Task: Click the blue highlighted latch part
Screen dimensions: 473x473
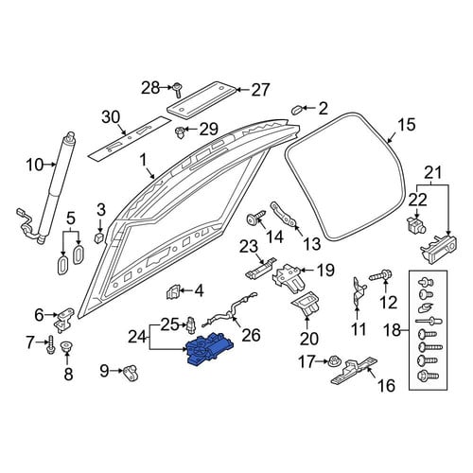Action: point(209,350)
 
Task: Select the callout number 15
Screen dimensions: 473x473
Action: point(407,124)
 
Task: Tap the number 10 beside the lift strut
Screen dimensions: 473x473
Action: point(34,165)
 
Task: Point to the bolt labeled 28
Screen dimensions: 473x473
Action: point(177,89)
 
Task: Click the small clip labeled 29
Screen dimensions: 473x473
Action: point(180,132)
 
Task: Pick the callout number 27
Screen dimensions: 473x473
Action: point(260,90)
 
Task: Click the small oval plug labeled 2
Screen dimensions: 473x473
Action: point(297,110)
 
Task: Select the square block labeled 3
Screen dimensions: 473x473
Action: point(99,237)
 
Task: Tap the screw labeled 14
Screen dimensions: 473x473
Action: point(255,217)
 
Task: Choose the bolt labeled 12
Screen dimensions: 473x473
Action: point(380,275)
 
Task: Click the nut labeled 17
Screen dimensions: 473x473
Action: point(335,362)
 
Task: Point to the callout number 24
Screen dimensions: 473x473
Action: point(137,338)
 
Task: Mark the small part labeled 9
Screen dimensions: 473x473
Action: point(131,372)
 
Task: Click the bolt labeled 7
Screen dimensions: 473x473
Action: point(50,344)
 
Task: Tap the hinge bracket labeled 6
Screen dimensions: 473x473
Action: point(64,319)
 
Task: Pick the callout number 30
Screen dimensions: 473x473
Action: point(111,117)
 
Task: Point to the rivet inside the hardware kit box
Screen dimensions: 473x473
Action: point(429,322)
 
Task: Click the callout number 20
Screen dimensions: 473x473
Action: point(309,339)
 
